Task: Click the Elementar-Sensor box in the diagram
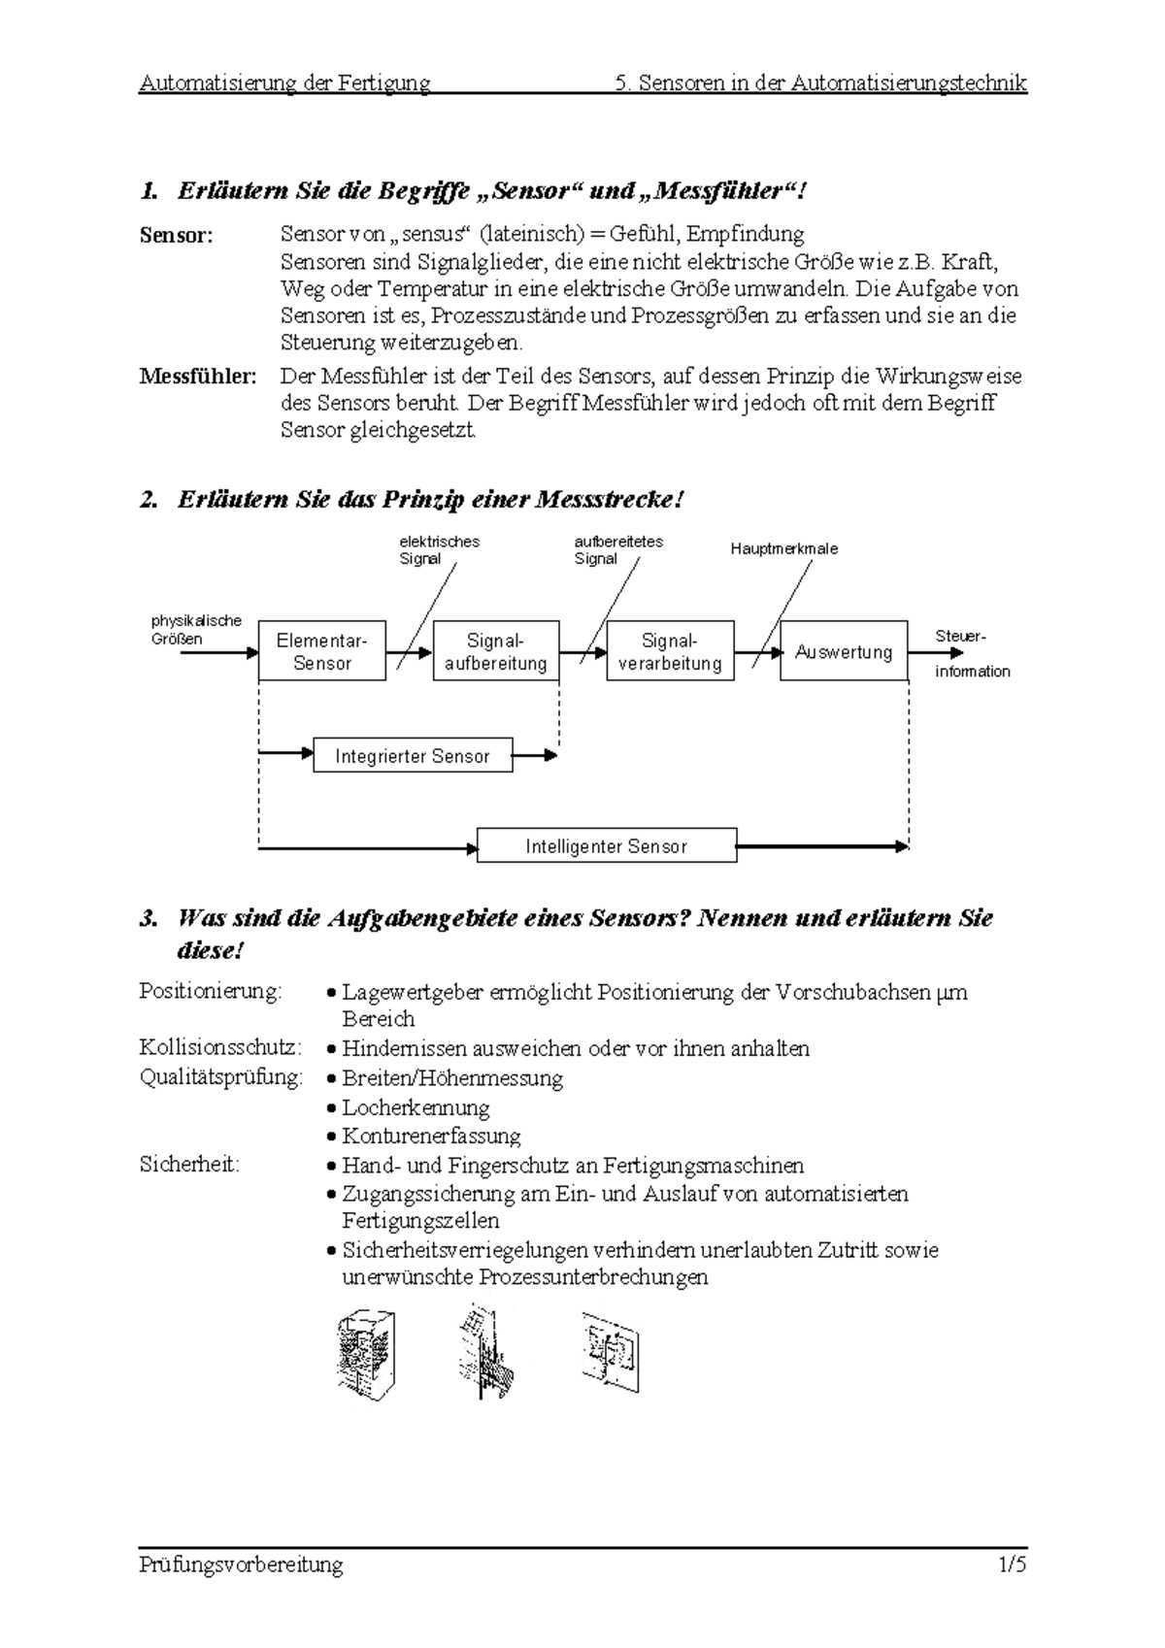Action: [321, 651]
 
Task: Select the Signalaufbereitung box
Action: [495, 651]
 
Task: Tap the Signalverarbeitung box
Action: [670, 651]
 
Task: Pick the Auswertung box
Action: [844, 651]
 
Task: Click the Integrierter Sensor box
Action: [413, 756]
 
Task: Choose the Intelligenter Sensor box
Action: [607, 845]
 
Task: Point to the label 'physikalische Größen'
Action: [195, 629]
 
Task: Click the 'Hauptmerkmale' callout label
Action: [783, 548]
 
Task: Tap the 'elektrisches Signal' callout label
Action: [439, 549]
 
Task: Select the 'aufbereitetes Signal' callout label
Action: [617, 549]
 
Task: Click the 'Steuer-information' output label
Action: [971, 653]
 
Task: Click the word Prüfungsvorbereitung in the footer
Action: [241, 1565]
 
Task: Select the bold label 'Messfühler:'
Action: [198, 377]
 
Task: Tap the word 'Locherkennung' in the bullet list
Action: [416, 1107]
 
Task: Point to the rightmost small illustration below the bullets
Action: [611, 1351]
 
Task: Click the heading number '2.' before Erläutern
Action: [149, 500]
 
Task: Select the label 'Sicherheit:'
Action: [189, 1165]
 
